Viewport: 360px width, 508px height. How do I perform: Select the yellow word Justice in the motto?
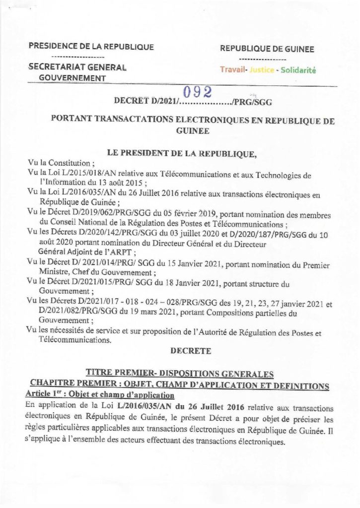tap(262, 70)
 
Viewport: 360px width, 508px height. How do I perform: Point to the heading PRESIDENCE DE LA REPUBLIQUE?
tap(91, 47)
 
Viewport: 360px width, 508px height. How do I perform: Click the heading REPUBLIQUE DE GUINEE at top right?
tap(267, 49)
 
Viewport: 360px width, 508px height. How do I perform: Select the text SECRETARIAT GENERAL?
tap(77, 67)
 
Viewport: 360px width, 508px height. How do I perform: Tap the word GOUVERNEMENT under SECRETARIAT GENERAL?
tap(73, 78)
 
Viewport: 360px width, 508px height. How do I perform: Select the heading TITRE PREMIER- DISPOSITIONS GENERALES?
tap(180, 372)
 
